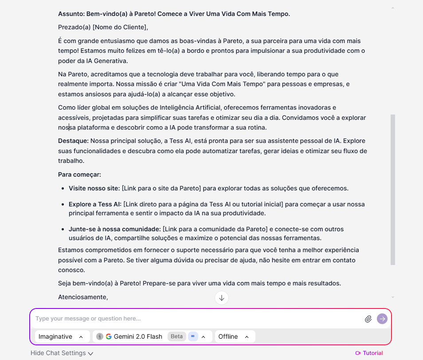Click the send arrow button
382,319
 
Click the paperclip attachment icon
368,319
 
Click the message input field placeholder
88,319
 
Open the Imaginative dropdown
62,336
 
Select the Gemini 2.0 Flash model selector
138,336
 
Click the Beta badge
176,336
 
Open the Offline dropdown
235,336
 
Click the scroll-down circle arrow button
222,297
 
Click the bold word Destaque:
73,141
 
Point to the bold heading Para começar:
79,174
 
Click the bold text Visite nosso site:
94,188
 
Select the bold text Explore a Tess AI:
95,204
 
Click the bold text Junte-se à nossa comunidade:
114,229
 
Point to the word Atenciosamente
83,297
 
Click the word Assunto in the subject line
71,14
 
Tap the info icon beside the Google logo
100,336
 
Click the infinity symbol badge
193,336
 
